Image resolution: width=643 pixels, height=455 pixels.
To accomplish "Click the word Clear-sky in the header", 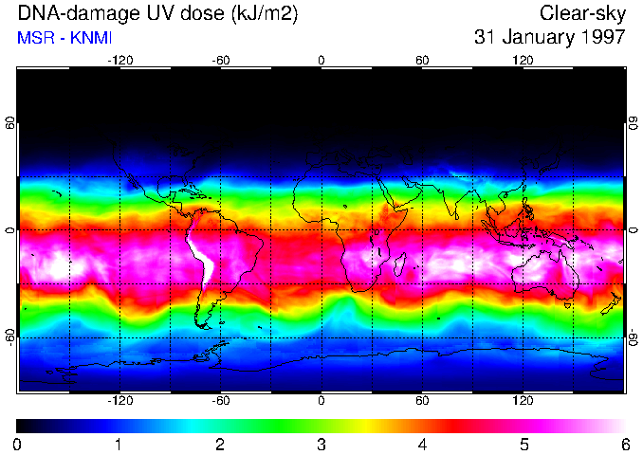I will pyautogui.click(x=582, y=13).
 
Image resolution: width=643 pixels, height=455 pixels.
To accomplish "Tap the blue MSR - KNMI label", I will pyautogui.click(x=64, y=38).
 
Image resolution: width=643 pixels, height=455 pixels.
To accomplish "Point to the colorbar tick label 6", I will pyautogui.click(x=624, y=444).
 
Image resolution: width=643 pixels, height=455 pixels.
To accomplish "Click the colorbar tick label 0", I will pyautogui.click(x=18, y=444).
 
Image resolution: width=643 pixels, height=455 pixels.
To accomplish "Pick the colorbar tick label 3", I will pyautogui.click(x=321, y=444).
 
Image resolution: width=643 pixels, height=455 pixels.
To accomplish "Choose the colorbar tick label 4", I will pyautogui.click(x=422, y=444).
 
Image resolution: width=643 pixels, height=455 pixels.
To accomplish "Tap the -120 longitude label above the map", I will pyautogui.click(x=119, y=60).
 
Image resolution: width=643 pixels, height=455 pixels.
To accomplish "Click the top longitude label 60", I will pyautogui.click(x=422, y=60).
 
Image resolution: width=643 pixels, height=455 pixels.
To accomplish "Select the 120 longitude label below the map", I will pyautogui.click(x=523, y=401).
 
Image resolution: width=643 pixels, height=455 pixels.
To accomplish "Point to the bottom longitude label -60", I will pyautogui.click(x=220, y=401).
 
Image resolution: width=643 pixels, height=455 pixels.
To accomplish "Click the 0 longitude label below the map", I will pyautogui.click(x=321, y=401).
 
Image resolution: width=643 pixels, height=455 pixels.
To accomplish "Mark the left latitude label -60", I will pyautogui.click(x=9, y=337).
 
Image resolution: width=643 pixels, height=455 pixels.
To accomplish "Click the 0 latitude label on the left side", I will pyautogui.click(x=9, y=230).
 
